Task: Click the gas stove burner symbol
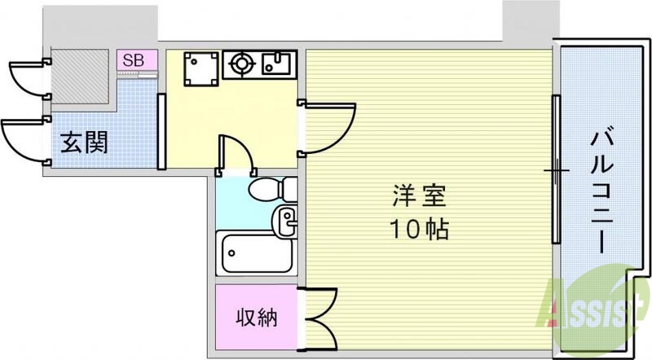click(x=241, y=63)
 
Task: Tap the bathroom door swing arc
click(x=236, y=151)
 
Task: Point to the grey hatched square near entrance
click(x=80, y=81)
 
